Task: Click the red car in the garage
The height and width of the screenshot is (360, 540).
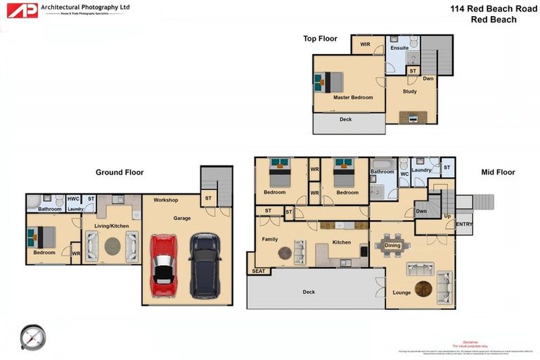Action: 164,265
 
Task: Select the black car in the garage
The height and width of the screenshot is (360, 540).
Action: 205,265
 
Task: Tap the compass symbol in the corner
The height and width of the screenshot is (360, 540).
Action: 32,337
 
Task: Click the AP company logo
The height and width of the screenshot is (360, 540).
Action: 21,10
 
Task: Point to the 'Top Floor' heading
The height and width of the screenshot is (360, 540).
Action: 320,39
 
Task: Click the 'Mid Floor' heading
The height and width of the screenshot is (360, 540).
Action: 498,172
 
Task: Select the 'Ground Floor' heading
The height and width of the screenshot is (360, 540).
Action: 120,172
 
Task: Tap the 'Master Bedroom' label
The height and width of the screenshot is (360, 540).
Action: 353,97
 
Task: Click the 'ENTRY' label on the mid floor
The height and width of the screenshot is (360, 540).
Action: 464,224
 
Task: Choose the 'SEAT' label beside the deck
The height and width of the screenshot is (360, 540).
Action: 258,271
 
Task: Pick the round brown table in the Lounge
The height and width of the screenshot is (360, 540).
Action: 423,289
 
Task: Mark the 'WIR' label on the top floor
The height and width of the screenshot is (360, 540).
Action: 365,44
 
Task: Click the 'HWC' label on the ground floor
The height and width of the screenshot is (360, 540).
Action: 73,199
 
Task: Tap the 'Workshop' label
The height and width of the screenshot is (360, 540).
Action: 166,200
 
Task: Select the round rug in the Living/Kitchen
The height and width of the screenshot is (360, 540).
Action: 112,246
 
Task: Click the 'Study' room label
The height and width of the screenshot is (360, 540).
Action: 409,91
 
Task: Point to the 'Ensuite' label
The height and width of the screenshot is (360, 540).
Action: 399,48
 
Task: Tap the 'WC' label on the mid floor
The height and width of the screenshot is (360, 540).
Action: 404,173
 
